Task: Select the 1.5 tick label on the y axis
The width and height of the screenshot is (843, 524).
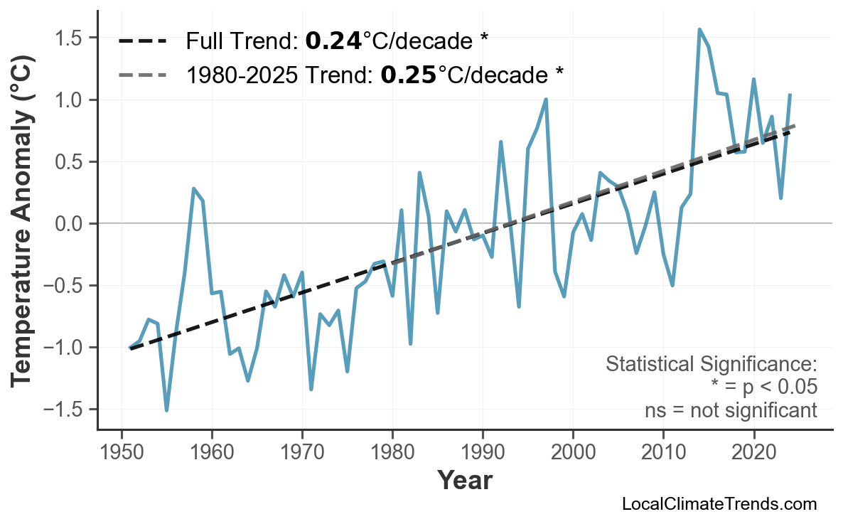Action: tap(75, 38)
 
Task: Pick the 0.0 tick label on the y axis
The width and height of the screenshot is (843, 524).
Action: tap(75, 224)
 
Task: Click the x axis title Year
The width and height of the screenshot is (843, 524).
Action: tap(464, 481)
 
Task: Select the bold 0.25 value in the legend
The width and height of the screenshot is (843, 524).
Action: tap(408, 74)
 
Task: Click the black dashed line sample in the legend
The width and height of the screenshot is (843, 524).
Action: tap(142, 41)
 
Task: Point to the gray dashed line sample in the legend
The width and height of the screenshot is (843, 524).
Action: tap(142, 74)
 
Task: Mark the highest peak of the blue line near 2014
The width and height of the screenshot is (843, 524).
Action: tap(699, 30)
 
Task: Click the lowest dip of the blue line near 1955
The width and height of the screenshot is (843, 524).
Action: tap(167, 410)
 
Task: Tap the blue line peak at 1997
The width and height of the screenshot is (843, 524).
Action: tap(546, 100)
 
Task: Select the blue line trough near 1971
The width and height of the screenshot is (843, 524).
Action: tap(311, 389)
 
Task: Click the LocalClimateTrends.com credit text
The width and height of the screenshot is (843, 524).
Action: tap(719, 504)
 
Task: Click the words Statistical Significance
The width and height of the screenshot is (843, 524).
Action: tap(711, 364)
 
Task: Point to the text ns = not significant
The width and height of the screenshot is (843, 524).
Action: tap(730, 410)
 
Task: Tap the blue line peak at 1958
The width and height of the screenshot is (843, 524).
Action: tap(194, 189)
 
